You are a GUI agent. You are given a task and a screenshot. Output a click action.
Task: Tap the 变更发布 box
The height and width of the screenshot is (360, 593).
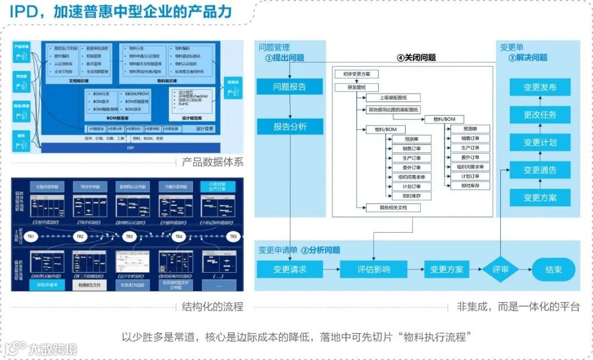(540, 87)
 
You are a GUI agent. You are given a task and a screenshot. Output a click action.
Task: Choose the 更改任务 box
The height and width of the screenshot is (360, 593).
(540, 115)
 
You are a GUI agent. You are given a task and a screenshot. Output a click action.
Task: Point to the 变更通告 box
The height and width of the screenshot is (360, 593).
(540, 170)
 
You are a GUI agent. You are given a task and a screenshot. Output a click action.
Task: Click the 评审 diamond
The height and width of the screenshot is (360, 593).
(500, 269)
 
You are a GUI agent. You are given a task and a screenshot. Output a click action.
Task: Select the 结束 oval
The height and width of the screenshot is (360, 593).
(553, 269)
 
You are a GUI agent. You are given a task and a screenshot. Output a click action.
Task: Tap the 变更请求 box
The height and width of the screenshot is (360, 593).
(290, 269)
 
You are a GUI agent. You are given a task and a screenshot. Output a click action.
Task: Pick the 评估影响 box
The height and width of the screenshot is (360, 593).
(373, 269)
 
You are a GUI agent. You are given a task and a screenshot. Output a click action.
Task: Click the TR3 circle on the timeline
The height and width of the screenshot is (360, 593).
(129, 237)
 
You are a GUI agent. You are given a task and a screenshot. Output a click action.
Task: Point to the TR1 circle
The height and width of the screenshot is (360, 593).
(31, 237)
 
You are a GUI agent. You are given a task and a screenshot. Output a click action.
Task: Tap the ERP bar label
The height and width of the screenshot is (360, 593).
(131, 148)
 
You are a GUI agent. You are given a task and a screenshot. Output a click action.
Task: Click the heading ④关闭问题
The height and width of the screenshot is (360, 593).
(416, 58)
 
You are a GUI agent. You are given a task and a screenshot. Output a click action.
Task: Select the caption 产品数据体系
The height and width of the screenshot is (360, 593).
(212, 162)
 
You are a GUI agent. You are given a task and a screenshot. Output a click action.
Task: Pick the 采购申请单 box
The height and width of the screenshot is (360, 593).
(47, 285)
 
